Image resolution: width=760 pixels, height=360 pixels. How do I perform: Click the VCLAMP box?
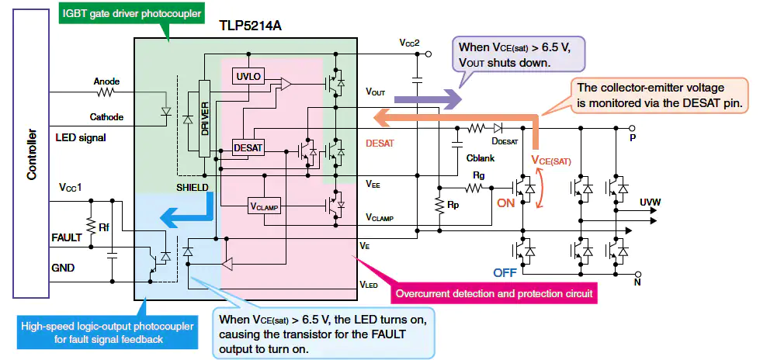pyautogui.click(x=265, y=206)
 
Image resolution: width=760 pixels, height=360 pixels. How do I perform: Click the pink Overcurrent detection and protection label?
pyautogui.click(x=495, y=294)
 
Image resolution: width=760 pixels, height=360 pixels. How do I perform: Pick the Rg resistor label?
pyautogui.click(x=478, y=175)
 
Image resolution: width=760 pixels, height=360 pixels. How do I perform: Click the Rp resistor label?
pyautogui.click(x=453, y=206)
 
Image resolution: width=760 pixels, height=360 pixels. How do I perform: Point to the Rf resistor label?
pyautogui.click(x=103, y=227)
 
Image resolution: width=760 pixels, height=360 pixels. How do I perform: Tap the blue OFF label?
pyautogui.click(x=505, y=272)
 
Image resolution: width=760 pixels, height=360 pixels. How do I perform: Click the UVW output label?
pyautogui.click(x=651, y=202)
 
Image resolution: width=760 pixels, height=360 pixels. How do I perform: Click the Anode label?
pyautogui.click(x=106, y=81)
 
